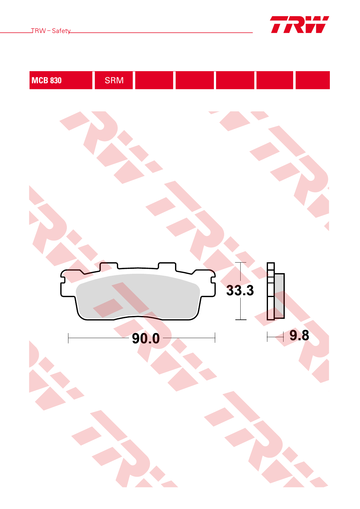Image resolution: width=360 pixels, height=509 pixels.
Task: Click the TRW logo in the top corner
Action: click(x=300, y=25)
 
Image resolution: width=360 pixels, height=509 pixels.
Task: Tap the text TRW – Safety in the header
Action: click(x=51, y=31)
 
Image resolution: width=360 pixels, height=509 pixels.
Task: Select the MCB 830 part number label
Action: click(x=47, y=80)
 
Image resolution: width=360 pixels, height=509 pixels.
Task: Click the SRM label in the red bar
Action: click(x=114, y=80)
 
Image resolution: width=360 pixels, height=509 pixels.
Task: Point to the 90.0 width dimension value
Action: click(x=146, y=338)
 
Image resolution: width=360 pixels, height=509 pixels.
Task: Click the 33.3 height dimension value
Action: click(x=240, y=290)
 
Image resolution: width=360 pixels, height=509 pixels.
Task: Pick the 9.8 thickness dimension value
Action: click(x=299, y=335)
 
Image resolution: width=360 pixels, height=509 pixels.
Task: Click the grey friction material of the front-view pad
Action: click(x=138, y=296)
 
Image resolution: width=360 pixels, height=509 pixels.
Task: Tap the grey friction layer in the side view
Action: click(x=279, y=296)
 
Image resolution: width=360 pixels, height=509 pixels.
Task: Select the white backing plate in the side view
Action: click(x=271, y=291)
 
